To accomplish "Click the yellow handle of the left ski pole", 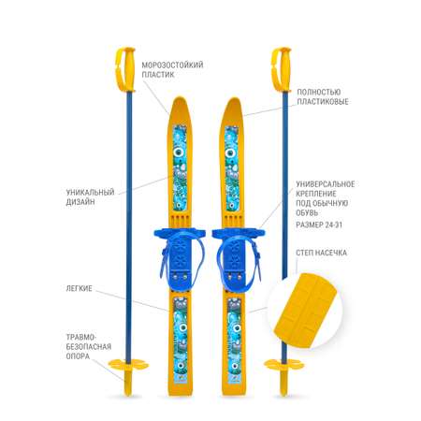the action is (125, 69).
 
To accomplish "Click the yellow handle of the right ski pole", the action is (281, 69).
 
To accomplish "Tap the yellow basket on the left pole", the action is (128, 365).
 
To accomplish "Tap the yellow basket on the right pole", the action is (283, 365).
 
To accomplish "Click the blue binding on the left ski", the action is (180, 254).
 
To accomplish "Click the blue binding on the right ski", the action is (237, 254).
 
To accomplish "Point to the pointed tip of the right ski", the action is (234, 97).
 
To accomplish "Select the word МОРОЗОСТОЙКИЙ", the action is (172, 65).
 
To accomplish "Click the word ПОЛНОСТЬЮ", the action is (318, 92).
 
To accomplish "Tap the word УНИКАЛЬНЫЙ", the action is (90, 192).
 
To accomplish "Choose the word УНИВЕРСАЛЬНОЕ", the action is (326, 184).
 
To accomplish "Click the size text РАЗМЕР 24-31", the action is (319, 225).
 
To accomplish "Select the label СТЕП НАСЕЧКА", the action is (321, 253).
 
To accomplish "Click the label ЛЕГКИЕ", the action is (79, 288).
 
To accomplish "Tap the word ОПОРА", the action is (78, 356).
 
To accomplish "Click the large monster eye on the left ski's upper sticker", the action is (179, 152).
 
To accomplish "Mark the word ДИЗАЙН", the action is (80, 202).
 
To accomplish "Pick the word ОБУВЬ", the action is (307, 212).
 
